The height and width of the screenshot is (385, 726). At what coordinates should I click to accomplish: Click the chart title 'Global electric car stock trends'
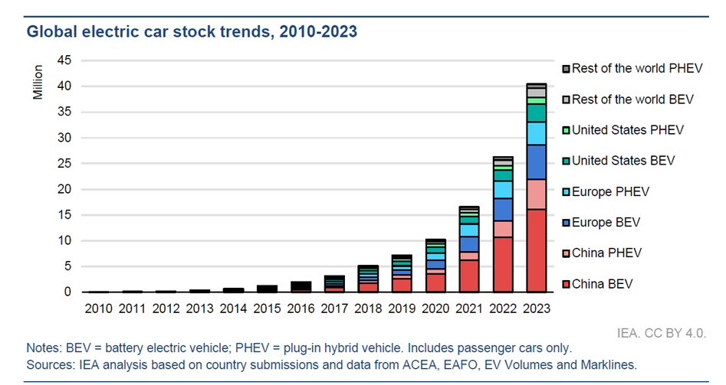tap(192, 32)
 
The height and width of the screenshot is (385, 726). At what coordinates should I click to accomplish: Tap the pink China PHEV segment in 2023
tap(536, 194)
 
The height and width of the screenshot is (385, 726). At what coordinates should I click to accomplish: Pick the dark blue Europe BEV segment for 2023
tap(536, 162)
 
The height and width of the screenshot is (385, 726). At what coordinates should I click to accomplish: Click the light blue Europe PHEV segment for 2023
tap(536, 133)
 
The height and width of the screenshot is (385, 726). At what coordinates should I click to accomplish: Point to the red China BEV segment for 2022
tap(502, 264)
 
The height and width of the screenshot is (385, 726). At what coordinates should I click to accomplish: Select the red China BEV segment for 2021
tap(468, 276)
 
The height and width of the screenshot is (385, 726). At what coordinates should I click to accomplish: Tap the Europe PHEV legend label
tap(616, 191)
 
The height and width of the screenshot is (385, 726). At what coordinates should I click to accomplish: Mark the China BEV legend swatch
tap(566, 285)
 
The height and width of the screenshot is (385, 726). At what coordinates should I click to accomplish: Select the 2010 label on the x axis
tap(99, 308)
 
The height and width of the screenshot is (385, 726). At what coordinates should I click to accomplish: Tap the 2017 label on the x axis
tap(334, 308)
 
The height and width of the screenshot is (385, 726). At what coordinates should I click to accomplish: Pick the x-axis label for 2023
tap(536, 308)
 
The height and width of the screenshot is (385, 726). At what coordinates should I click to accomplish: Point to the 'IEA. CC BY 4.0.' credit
tap(661, 334)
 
